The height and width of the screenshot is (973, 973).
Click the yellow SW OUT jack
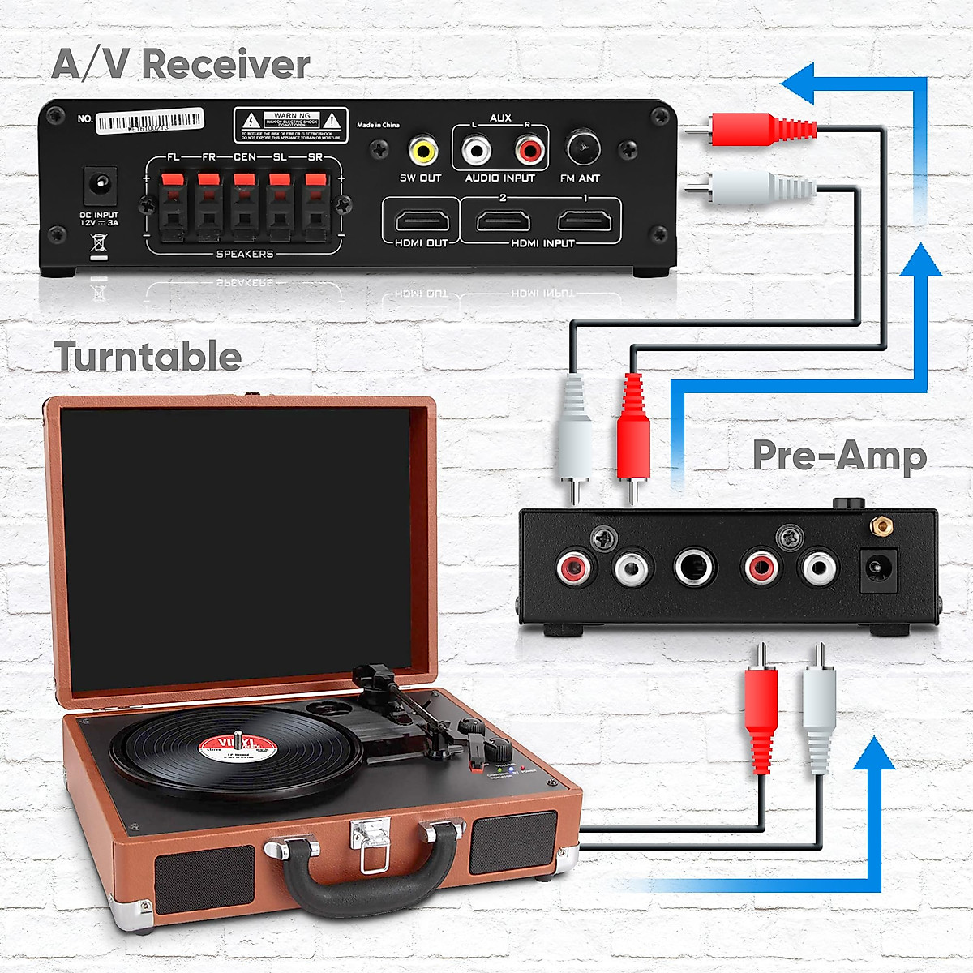click(422, 149)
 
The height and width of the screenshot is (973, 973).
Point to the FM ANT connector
click(581, 148)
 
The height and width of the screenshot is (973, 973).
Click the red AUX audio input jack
click(529, 149)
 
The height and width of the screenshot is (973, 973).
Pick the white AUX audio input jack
click(476, 149)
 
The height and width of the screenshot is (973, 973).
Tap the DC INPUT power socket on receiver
click(100, 186)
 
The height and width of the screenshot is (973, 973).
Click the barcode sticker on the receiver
click(150, 122)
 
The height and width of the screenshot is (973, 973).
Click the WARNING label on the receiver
click(291, 125)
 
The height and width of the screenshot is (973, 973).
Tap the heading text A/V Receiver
click(181, 64)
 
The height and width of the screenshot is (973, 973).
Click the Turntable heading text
click(148, 357)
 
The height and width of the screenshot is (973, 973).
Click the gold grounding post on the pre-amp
click(878, 528)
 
